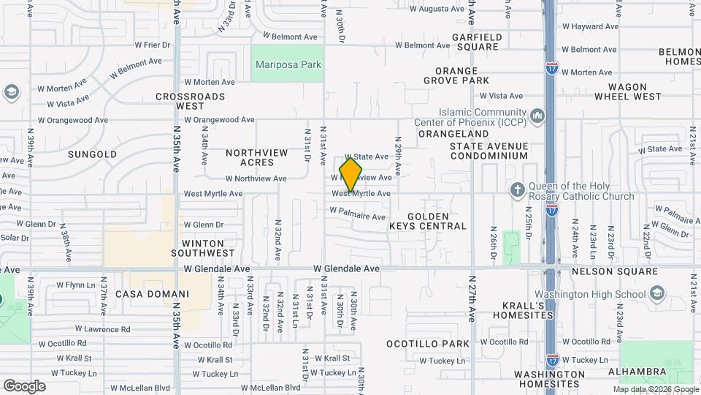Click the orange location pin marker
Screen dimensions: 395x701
click(x=351, y=175)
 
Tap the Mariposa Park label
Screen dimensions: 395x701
click(x=288, y=64)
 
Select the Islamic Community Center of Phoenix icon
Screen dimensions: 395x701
click(x=538, y=116)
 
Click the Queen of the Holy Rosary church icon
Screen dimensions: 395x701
click(x=517, y=190)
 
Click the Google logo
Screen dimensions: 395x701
click(x=24, y=386)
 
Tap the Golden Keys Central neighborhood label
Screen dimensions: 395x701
click(x=427, y=221)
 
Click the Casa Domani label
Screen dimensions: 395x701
click(x=153, y=294)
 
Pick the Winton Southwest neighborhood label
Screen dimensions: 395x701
click(x=188, y=247)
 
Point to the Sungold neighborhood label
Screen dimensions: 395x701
click(x=92, y=154)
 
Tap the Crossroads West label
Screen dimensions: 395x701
click(x=190, y=101)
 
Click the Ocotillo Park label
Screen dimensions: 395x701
click(x=427, y=344)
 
